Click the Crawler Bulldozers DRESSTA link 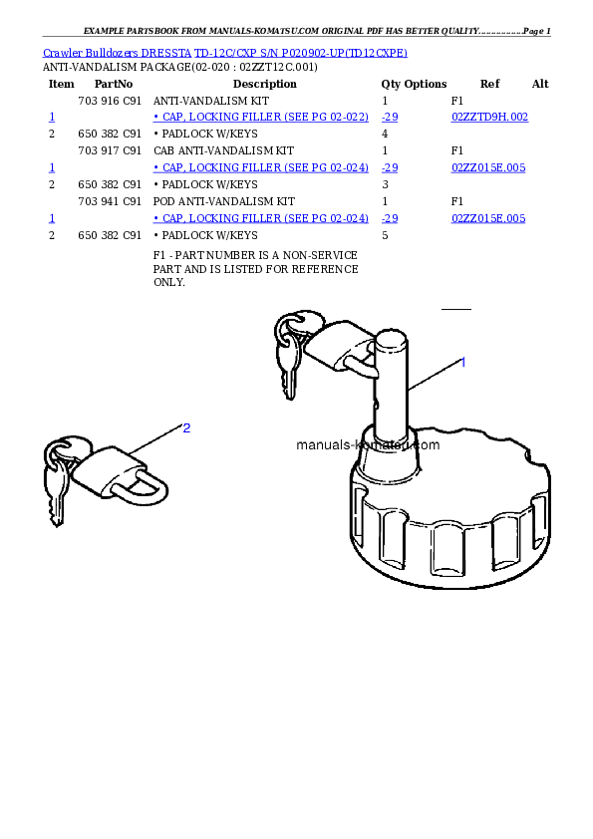click(117, 53)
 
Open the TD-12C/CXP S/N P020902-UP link click(300, 53)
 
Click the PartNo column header click(114, 84)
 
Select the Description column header click(264, 84)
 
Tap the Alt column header click(540, 84)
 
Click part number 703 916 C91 click(110, 101)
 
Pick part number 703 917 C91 click(110, 150)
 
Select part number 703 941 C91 click(110, 201)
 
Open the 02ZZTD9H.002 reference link click(489, 118)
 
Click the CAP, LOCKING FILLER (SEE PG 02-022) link click(261, 118)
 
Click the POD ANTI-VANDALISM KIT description click(223, 201)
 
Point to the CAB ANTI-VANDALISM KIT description click(223, 150)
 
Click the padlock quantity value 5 click(385, 235)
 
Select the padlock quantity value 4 click(385, 134)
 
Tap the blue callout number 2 click(186, 428)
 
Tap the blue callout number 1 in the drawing click(463, 363)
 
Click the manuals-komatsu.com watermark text click(368, 444)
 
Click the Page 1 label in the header click(537, 31)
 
